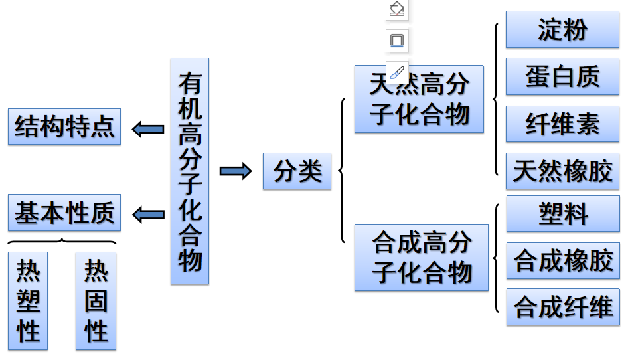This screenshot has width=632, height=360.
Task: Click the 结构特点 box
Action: click(64, 126)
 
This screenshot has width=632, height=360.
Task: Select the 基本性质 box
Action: click(64, 213)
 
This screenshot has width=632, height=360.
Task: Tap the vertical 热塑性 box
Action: click(28, 301)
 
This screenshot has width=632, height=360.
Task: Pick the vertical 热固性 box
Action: click(96, 301)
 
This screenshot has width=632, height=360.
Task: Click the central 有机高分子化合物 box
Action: click(190, 171)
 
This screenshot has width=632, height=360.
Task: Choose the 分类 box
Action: click(297, 171)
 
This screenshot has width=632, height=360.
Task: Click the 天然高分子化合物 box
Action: click(419, 100)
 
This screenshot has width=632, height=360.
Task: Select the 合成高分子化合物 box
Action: click(421, 257)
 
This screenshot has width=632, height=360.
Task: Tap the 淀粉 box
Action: click(562, 29)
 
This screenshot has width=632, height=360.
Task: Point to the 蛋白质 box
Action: click(562, 76)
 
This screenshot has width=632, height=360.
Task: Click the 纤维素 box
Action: click(562, 124)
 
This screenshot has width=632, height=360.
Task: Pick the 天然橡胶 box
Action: click(562, 171)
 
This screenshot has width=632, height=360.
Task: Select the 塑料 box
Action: click(563, 214)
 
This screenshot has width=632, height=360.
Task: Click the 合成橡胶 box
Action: click(563, 260)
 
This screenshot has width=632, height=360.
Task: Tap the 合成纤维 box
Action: click(563, 307)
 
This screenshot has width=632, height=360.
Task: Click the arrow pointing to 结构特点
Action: click(148, 128)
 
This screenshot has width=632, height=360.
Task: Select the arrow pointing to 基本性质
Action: click(148, 214)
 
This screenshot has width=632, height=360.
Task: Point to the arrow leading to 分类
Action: click(236, 171)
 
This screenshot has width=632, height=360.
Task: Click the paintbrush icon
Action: click(397, 72)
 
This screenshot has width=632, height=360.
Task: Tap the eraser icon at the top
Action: click(397, 9)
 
